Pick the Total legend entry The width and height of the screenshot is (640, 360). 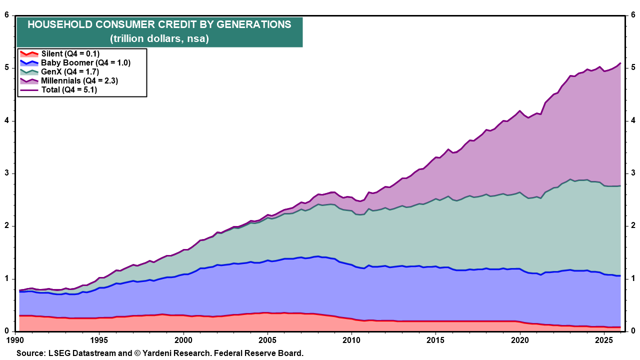(x=58, y=89)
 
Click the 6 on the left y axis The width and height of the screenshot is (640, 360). (x=7, y=15)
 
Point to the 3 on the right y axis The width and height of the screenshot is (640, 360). (x=633, y=173)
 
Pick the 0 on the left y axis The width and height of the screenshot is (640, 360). (x=7, y=331)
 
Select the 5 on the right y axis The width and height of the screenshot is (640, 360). (x=633, y=67)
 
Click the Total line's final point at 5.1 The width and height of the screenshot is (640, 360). (x=620, y=63)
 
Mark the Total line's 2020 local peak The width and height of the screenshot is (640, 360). (x=520, y=111)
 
